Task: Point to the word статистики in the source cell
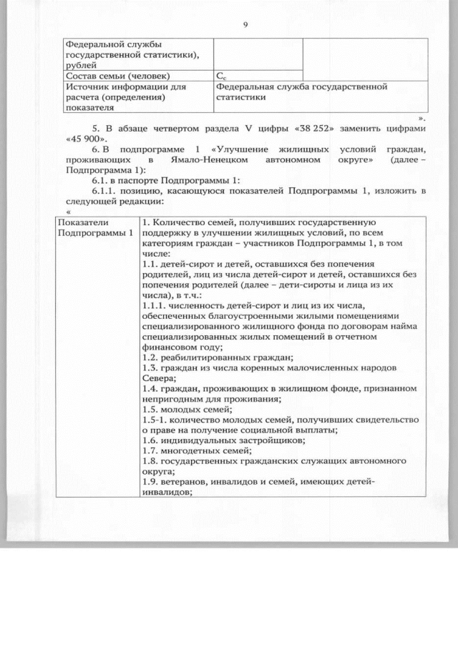click(x=241, y=97)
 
